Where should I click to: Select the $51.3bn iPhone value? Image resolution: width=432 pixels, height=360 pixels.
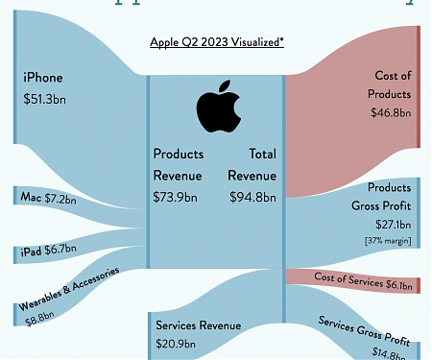pyautogui.click(x=46, y=98)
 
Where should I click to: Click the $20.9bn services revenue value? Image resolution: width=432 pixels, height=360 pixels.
pyautogui.click(x=176, y=343)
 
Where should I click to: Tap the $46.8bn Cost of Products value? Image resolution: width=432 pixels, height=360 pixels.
pyautogui.click(x=390, y=112)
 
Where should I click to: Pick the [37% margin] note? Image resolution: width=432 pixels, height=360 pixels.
pyautogui.click(x=390, y=240)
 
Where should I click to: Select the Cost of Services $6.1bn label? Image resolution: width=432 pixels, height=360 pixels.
pyautogui.click(x=369, y=279)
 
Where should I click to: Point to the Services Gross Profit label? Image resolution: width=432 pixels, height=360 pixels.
pyautogui.click(x=365, y=328)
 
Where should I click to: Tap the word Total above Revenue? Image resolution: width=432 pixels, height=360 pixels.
pyautogui.click(x=262, y=153)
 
